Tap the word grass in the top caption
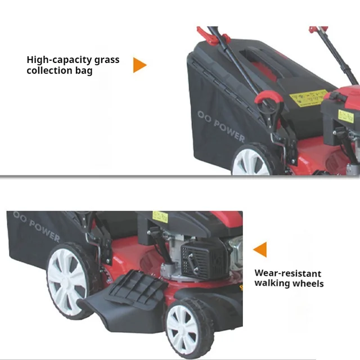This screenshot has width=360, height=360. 107,60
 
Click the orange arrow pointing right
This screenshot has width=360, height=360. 139,65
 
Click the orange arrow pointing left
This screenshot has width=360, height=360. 260,250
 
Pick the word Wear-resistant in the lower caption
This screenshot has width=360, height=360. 288,273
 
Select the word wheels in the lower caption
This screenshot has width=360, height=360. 309,283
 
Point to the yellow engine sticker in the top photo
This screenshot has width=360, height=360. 345,115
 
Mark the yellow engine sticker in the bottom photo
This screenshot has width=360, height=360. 160,217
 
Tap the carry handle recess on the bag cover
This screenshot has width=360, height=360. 264,60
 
